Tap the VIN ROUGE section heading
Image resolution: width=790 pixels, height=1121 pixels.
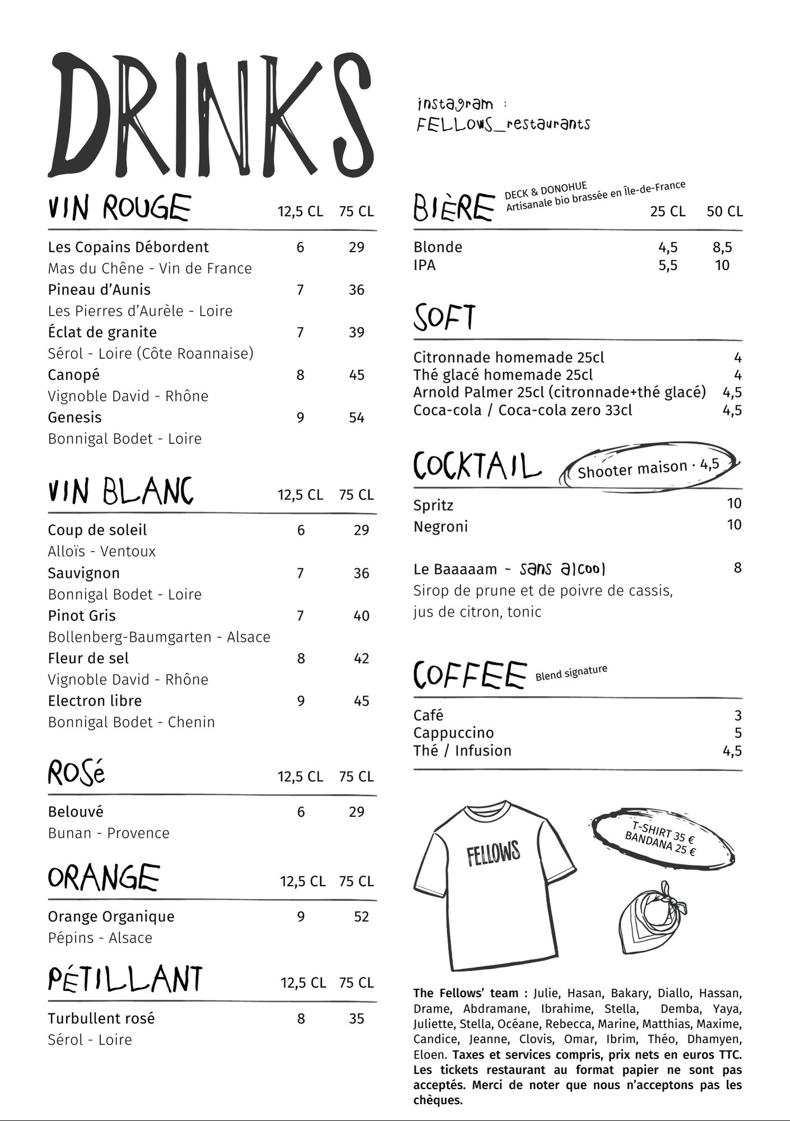[x=119, y=207]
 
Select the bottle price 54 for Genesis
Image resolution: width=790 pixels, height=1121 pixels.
[x=357, y=418]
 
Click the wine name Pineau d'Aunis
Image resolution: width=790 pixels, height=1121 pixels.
[x=99, y=290]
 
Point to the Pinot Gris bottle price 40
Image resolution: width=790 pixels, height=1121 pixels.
[x=361, y=616]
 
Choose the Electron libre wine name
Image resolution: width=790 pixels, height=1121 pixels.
[x=95, y=701]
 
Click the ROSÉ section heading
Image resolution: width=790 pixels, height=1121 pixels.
[x=76, y=773]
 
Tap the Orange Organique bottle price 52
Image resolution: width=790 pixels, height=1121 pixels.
[x=361, y=917]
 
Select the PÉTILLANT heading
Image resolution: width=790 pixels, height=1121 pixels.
[x=125, y=980]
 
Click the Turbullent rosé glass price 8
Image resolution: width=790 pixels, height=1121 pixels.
[x=301, y=1019]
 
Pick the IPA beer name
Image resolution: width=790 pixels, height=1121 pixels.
[x=424, y=265]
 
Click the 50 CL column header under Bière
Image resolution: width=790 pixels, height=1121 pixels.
[x=724, y=211]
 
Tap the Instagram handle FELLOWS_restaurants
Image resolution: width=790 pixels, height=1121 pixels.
[x=503, y=124]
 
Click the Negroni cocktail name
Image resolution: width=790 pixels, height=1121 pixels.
[x=441, y=527]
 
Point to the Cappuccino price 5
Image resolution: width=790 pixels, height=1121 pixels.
[x=738, y=733]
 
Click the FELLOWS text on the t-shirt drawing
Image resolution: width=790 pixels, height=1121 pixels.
[x=493, y=853]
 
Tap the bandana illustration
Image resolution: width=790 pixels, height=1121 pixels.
[x=653, y=917]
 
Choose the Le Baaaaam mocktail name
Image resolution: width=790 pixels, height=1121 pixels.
[x=455, y=569]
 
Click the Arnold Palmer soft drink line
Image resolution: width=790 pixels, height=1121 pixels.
[x=559, y=392]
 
